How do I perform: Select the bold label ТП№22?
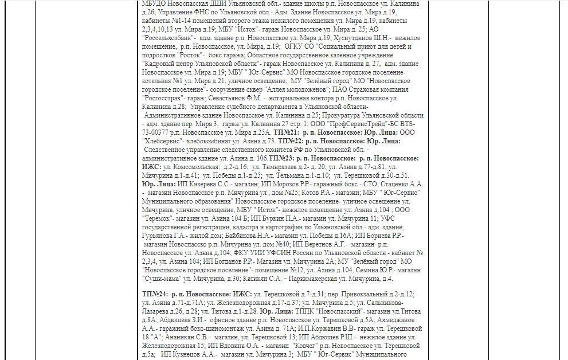coord(289,141)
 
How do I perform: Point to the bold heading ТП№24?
coord(155,294)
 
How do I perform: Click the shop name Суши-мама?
coord(161,279)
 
